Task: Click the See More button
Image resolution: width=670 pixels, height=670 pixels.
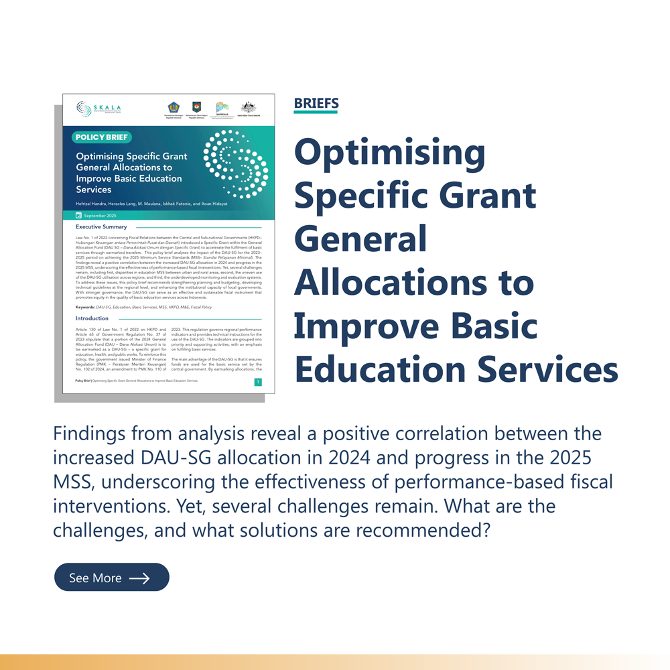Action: [x=111, y=578]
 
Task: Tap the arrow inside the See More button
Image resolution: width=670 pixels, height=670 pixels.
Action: [x=139, y=578]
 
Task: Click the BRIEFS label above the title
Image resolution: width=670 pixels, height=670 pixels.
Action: [x=316, y=103]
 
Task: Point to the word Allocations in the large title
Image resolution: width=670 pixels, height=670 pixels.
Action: [x=414, y=283]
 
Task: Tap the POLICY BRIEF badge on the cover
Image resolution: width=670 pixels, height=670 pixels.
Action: [x=101, y=137]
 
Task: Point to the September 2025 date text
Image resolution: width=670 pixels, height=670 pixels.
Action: [x=100, y=215]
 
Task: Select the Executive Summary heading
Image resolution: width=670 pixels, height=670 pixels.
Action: [x=101, y=227]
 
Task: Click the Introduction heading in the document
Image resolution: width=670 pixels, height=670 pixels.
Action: [x=92, y=318]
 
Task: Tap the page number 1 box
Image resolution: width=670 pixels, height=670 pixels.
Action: [x=258, y=382]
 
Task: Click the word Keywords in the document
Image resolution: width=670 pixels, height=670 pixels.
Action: [x=85, y=307]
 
